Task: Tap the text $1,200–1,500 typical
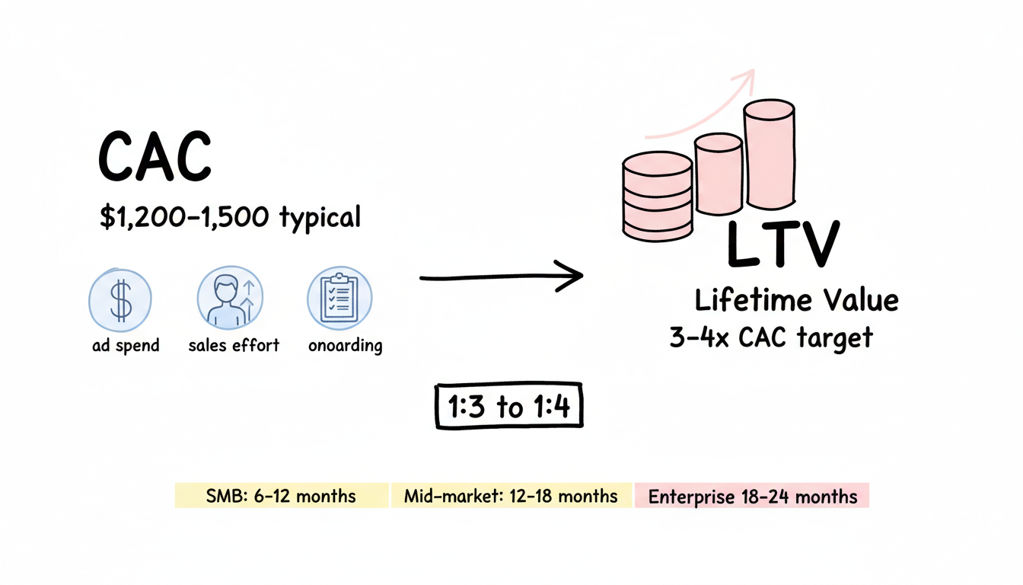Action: [x=230, y=218]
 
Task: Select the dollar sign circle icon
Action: [x=120, y=299]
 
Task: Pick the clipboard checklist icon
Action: [x=339, y=299]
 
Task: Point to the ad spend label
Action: [x=126, y=345]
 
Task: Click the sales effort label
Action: [x=234, y=345]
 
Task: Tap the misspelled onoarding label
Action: [x=346, y=345]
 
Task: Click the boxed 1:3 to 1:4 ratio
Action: [x=509, y=406]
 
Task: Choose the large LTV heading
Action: [x=782, y=245]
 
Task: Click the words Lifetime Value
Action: [x=796, y=300]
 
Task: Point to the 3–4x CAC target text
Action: [x=770, y=337]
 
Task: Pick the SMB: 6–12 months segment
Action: [x=282, y=497]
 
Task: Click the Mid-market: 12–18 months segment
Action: [x=511, y=497]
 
